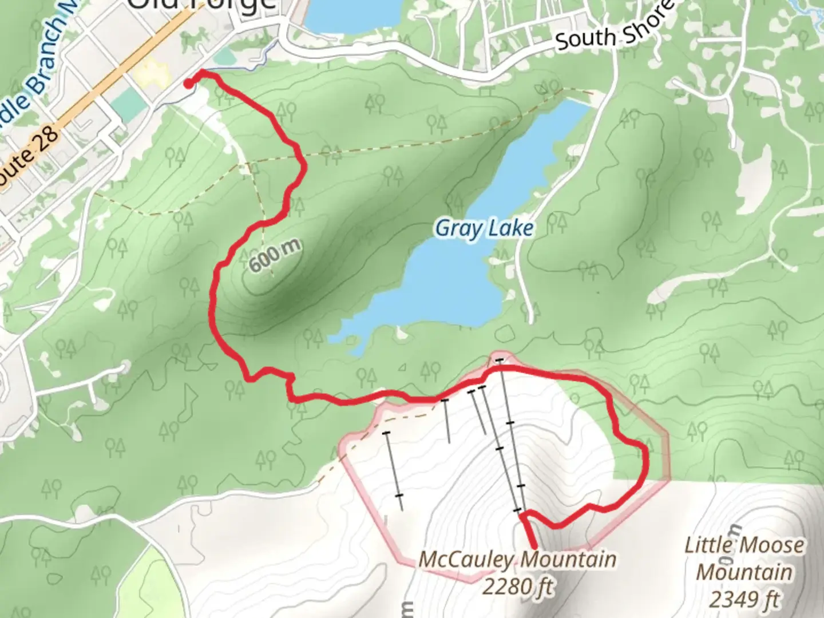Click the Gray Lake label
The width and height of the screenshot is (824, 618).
click(x=484, y=228)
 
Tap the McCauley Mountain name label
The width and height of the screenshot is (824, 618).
click(x=517, y=559)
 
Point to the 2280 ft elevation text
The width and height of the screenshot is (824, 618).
click(x=518, y=587)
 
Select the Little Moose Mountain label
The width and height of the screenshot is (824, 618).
click(x=744, y=558)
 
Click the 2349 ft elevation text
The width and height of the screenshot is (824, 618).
click(x=744, y=599)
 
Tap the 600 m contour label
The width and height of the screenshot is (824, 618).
click(x=275, y=256)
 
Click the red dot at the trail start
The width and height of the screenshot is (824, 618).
click(x=188, y=84)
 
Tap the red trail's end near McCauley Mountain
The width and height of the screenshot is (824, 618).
click(x=533, y=547)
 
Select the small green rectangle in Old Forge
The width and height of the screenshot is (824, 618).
click(x=128, y=104)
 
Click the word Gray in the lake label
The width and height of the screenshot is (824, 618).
click(x=456, y=228)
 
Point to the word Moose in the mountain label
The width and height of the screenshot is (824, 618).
click(x=772, y=545)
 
